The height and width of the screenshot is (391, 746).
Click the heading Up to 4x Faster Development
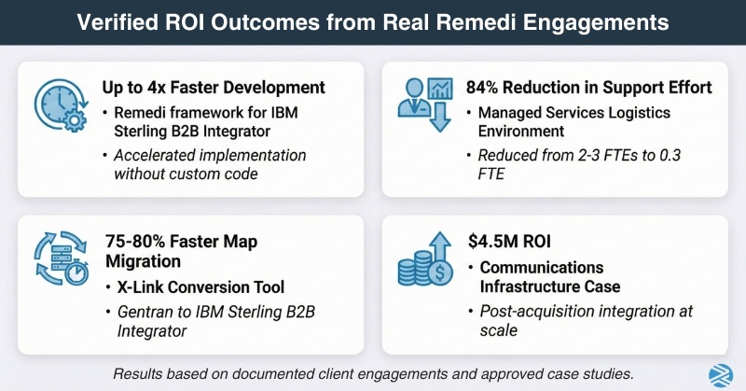tap(214, 89)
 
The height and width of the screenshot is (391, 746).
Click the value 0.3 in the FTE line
tap(685, 157)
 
